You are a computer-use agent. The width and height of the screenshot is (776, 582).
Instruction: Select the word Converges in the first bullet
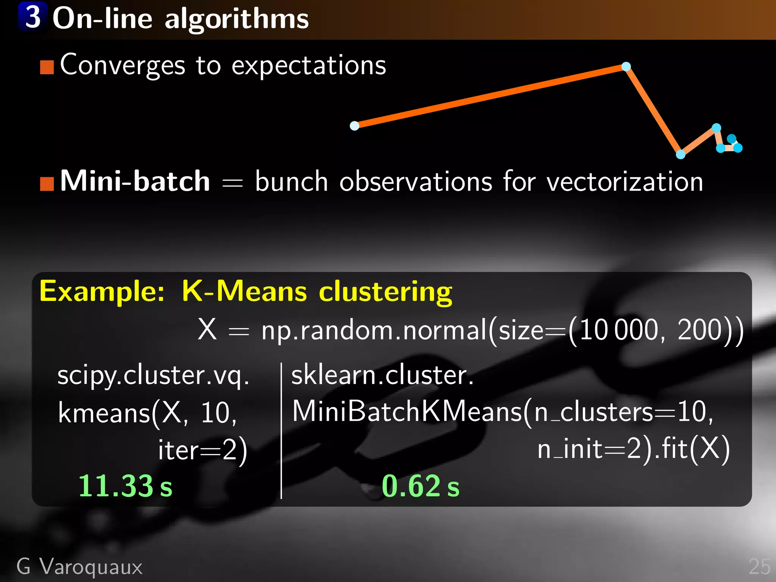122,65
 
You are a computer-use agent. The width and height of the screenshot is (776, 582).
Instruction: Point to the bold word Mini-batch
135,181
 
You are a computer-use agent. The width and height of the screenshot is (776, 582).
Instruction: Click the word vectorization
625,182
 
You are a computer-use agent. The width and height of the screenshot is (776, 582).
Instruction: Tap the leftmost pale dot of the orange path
354,126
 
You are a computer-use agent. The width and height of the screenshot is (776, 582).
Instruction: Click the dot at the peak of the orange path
626,67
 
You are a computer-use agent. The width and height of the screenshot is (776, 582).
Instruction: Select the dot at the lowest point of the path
681,154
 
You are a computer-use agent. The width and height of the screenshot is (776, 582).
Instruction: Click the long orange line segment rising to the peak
490,96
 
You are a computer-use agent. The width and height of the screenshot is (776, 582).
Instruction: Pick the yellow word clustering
385,292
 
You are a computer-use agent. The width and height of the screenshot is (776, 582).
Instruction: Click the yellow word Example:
102,292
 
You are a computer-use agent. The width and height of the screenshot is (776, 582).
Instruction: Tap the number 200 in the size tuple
699,330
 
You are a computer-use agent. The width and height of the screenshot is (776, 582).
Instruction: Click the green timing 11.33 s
125,486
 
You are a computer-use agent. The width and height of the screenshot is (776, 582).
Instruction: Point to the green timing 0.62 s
420,486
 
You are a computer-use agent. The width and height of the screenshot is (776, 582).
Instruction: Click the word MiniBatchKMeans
407,411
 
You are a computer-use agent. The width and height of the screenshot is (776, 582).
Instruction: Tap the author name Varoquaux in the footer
91,567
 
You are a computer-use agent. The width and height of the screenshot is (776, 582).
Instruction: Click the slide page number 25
759,567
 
